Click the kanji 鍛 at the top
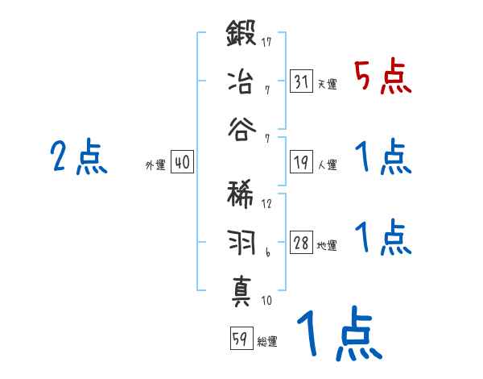tap(242, 35)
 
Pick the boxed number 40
tap(182, 162)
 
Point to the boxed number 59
tap(240, 339)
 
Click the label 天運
tap(328, 84)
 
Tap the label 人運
tap(328, 165)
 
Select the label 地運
tap(328, 245)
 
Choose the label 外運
tap(155, 165)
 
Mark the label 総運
tap(266, 341)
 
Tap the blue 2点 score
tap(78, 157)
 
